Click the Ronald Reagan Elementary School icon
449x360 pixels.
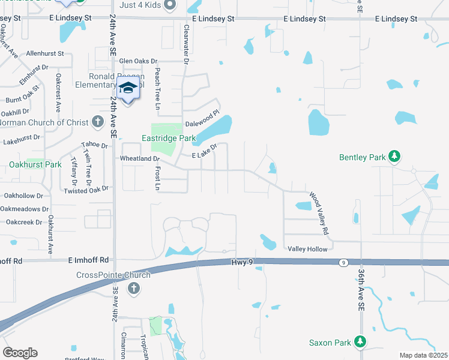pyautogui.click(x=128, y=88)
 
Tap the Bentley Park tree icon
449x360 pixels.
pyautogui.click(x=394, y=157)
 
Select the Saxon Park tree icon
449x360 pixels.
pyautogui.click(x=360, y=342)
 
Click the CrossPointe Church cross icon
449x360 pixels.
pyautogui.click(x=133, y=289)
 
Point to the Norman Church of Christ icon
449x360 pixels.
pyautogui.click(x=98, y=122)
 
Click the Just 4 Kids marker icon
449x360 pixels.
pyautogui.click(x=170, y=5)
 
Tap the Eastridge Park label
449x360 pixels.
pyautogui.click(x=169, y=138)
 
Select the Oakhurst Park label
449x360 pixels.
pyautogui.click(x=35, y=164)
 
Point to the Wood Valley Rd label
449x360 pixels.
pyautogui.click(x=319, y=214)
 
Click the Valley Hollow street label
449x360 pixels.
pyautogui.click(x=308, y=249)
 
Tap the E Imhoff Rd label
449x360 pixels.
pyautogui.click(x=88, y=260)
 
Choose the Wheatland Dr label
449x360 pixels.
pyautogui.click(x=139, y=159)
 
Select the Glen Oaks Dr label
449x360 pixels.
pyautogui.click(x=138, y=61)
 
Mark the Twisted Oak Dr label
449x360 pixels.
pyautogui.click(x=88, y=190)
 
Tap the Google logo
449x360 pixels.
pyautogui.click(x=20, y=353)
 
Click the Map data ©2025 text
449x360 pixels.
pyautogui.click(x=423, y=355)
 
